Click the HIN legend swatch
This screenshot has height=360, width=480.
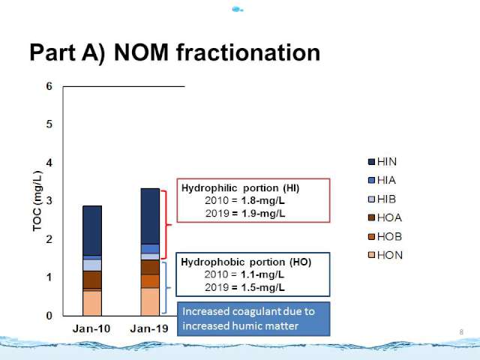[x=371, y=162]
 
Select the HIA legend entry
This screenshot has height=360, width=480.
[x=382, y=180]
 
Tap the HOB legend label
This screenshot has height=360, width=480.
[x=389, y=236]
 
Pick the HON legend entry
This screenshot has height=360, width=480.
[x=385, y=255]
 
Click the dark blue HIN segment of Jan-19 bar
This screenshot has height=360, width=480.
[x=150, y=217]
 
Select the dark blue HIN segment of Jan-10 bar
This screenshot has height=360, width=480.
[x=92, y=230]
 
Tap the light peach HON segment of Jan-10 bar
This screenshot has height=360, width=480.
[x=92, y=303]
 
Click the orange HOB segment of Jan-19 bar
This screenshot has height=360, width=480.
[x=150, y=281]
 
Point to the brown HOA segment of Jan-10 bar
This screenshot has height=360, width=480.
[x=92, y=280]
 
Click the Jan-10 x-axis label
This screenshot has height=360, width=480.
[x=91, y=328]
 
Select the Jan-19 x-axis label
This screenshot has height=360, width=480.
[x=149, y=328]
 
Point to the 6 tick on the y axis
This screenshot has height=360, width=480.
[x=49, y=86]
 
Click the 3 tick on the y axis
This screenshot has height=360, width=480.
[x=49, y=201]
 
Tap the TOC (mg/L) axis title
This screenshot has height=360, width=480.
[x=37, y=201]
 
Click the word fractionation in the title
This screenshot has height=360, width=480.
[x=248, y=52]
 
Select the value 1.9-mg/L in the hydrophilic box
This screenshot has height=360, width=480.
[x=263, y=213]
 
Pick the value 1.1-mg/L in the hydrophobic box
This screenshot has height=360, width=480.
[x=262, y=274]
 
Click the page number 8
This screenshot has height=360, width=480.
[x=461, y=331]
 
